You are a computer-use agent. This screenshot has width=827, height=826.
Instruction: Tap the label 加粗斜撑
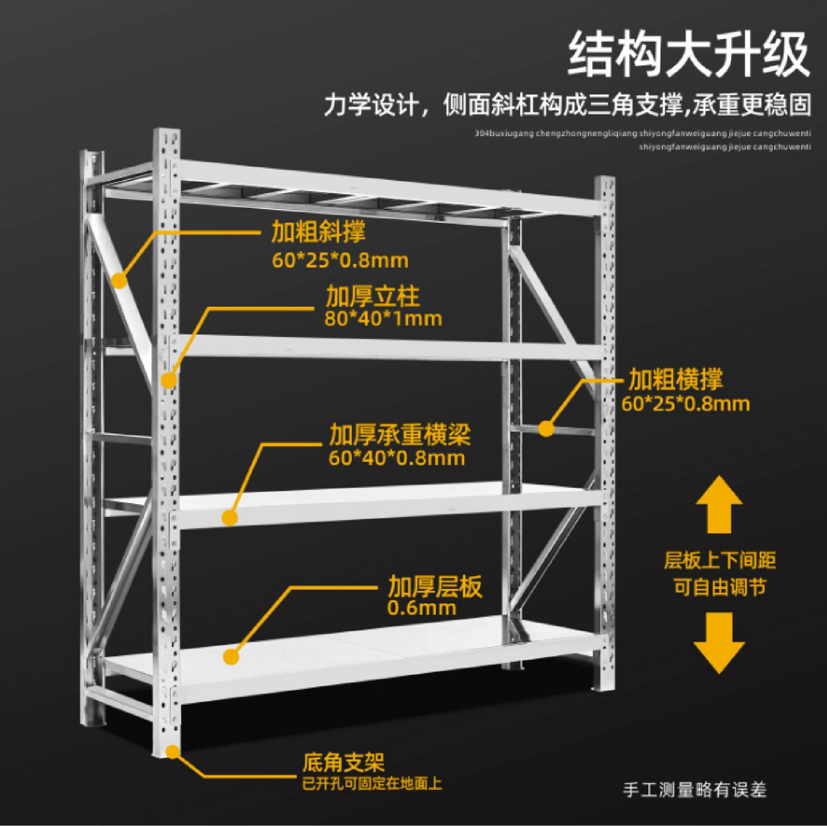[x=318, y=231]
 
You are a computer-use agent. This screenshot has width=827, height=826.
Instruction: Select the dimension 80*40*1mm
[x=383, y=319]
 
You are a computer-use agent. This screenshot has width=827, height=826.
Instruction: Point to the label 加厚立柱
[x=373, y=296]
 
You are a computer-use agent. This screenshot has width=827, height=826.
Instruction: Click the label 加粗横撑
[x=675, y=379]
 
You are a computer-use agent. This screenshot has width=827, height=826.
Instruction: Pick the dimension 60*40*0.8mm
[x=397, y=458]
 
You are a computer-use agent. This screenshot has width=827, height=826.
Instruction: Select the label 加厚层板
[x=435, y=587]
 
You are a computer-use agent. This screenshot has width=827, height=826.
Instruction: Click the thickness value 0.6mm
[x=422, y=608]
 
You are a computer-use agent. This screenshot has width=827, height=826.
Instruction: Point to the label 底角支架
[x=344, y=762]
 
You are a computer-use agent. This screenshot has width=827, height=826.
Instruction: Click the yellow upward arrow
[x=719, y=504]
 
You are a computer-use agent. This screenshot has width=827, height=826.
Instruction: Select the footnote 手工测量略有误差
[x=695, y=790]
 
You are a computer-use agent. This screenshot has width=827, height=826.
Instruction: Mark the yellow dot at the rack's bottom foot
[x=173, y=752]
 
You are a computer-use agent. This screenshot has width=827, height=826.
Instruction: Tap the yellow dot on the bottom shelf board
[x=231, y=657]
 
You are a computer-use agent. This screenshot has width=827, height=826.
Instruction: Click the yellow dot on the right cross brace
[x=547, y=429]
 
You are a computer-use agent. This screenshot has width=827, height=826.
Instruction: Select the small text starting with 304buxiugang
[x=643, y=134]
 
